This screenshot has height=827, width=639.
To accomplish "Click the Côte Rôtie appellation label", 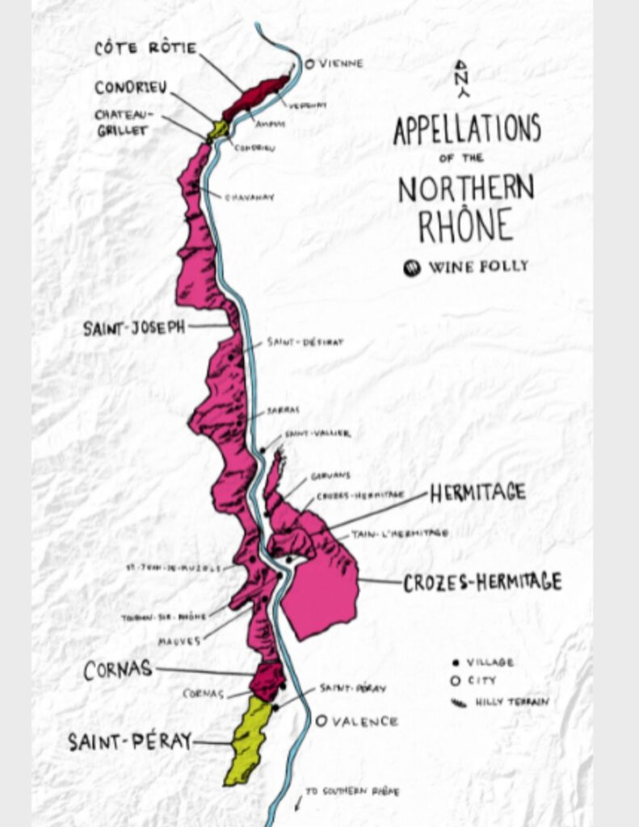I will point(145,48).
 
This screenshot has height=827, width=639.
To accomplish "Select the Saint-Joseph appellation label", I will point(134,328).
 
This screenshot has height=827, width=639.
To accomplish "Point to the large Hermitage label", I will point(477,492).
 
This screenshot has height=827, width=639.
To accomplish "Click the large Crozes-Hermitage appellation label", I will point(482,581).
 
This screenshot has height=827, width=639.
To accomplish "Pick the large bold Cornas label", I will point(117,669).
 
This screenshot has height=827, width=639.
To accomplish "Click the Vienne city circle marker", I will point(309,62).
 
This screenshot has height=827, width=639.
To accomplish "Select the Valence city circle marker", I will point(321,720).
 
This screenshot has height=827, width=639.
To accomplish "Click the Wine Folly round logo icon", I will point(412,267).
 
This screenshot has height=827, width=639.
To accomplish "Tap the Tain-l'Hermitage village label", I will point(399,533).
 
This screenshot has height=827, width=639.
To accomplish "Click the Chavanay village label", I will point(249,196).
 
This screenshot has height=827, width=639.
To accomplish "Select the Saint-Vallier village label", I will point(317,434).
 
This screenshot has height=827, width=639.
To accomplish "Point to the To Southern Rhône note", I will point(351,792).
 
